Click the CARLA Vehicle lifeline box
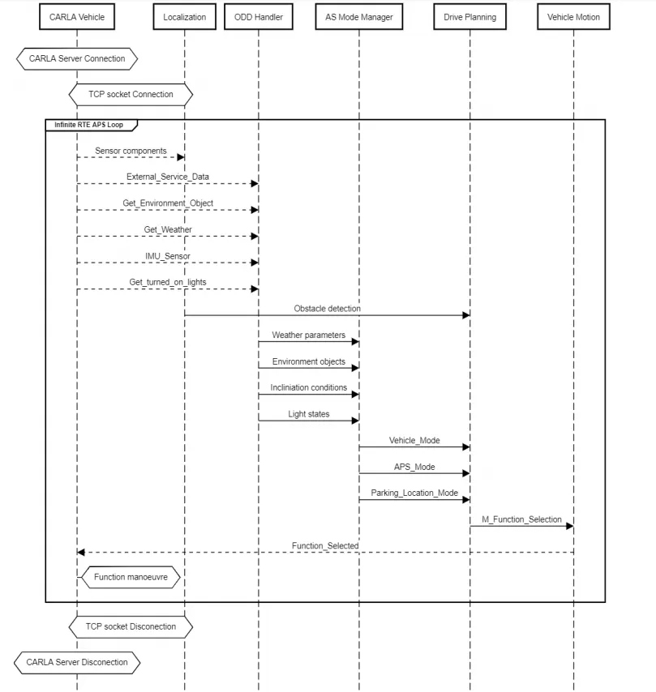click(x=77, y=17)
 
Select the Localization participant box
click(x=185, y=17)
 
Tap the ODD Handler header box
click(x=259, y=17)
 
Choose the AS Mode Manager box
click(x=359, y=17)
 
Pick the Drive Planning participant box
click(x=470, y=17)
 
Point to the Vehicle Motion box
click(x=573, y=17)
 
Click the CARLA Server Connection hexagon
click(x=77, y=58)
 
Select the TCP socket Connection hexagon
click(x=131, y=95)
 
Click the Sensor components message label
click(x=131, y=151)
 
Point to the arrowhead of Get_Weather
click(x=255, y=237)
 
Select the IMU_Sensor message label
click(x=168, y=256)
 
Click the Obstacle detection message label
click(x=328, y=309)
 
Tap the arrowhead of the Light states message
click(x=355, y=421)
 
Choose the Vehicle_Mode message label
click(x=414, y=441)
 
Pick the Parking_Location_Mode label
click(x=414, y=493)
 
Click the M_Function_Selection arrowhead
click(x=569, y=526)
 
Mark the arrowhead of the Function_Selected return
click(x=81, y=552)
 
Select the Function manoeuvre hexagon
click(x=131, y=577)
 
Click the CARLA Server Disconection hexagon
click(x=77, y=663)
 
